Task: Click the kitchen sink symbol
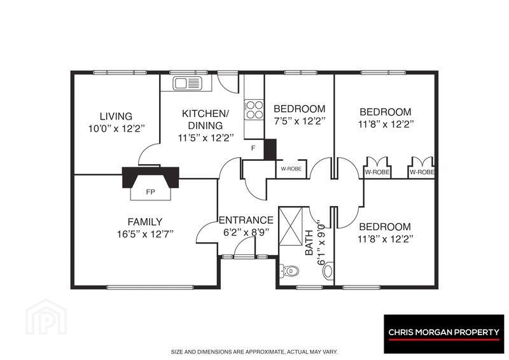pos(187,83)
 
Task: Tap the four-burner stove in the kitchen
pos(254,110)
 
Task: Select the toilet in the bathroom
pos(289,270)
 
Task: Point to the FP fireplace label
pos(150,192)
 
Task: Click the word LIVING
pos(116,116)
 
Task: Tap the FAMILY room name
pos(145,222)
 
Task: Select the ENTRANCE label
pos(246,220)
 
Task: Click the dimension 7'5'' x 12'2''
pos(299,121)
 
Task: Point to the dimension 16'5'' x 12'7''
pos(145,234)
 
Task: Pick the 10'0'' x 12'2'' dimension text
pos(116,128)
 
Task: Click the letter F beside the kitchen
pos(253,148)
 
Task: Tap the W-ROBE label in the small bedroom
pos(291,169)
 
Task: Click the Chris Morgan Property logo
pos(443,334)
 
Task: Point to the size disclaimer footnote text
pos(254,352)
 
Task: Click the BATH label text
pos(309,242)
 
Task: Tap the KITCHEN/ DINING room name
pos(206,120)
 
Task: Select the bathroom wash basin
pos(328,271)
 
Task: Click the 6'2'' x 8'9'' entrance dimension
pos(246,232)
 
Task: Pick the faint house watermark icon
pos(46,317)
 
